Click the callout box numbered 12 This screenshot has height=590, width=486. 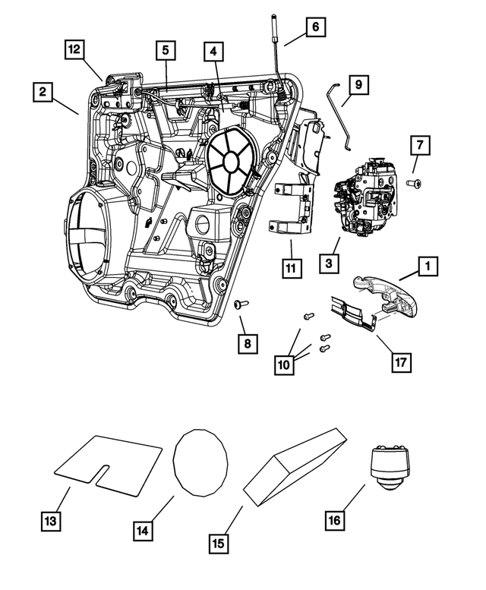coord(73,49)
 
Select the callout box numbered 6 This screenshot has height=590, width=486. coord(314,27)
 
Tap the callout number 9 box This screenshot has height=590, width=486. coord(359,84)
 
